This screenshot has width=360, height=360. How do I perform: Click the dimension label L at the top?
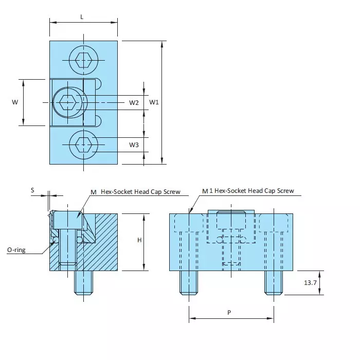pos(82,16)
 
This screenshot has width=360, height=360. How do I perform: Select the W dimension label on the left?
pos(15,102)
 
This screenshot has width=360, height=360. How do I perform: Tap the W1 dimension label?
pos(154,102)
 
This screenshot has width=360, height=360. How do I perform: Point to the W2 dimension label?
pos(134,102)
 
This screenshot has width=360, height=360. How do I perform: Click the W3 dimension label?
pos(134,145)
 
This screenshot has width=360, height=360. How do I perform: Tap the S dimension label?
pos(32,190)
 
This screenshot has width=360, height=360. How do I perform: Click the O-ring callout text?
pos(16,250)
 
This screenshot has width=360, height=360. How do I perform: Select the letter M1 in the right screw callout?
pos(206,191)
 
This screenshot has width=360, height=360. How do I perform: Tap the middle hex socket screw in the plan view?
pos(68,102)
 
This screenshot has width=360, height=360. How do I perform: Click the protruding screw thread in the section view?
pos(83,282)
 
